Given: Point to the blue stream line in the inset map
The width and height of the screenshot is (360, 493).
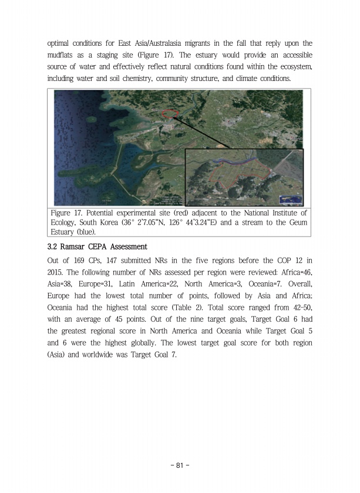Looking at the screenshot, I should point(235,160).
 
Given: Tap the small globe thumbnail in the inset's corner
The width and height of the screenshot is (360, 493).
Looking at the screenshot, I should point(290,198).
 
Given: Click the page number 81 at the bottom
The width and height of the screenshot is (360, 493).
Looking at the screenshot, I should point(180,465).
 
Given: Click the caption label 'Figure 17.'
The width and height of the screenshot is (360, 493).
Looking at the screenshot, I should point(68,212).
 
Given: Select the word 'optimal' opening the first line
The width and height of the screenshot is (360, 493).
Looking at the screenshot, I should point(60,43).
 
